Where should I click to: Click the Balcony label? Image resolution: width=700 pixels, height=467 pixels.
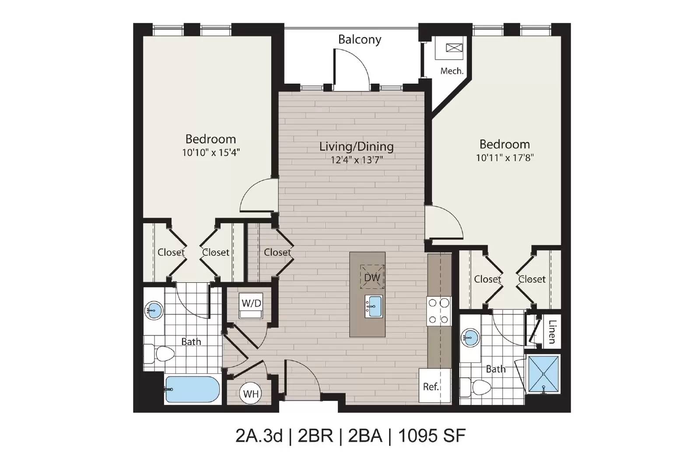click(360, 40)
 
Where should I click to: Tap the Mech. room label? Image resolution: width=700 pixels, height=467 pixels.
click(451, 71)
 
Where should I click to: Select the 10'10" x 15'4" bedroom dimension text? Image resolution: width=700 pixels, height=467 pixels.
click(211, 153)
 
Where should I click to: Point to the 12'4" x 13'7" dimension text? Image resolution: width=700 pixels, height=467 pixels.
click(357, 160)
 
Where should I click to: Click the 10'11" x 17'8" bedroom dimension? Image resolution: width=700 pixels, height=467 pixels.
click(505, 158)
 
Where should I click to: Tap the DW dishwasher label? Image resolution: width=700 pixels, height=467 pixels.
click(372, 277)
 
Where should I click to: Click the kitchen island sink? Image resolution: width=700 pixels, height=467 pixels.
click(374, 307)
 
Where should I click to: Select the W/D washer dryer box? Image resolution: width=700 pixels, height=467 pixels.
click(251, 305)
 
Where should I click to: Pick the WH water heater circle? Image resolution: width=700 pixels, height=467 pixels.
click(251, 394)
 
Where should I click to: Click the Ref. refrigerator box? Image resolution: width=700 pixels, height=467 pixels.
click(435, 386)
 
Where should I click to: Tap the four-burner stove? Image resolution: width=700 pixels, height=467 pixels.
click(439, 311)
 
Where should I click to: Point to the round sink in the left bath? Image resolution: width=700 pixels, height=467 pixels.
click(154, 311)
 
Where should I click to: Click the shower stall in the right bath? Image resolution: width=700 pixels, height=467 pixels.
click(543, 374)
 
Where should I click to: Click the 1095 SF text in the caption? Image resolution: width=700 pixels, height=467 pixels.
click(432, 436)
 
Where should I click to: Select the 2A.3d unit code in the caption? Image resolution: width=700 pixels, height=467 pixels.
click(259, 436)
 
